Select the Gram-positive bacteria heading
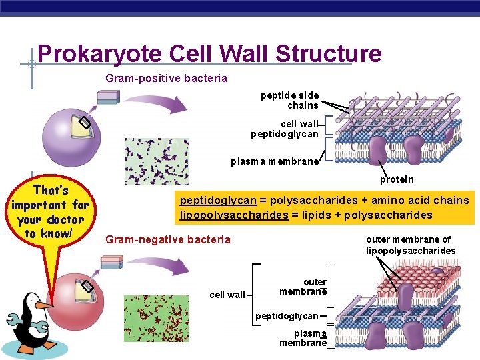[x=166, y=79]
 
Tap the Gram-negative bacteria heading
[x=168, y=239]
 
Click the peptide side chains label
[x=289, y=101]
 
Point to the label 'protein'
[x=397, y=179]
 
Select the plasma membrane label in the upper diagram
[x=275, y=161]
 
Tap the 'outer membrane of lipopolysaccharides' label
[x=410, y=245]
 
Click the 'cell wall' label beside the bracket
[x=227, y=295]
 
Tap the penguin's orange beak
[x=44, y=305]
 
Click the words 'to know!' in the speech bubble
[x=48, y=233]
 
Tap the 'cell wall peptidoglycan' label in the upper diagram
[x=285, y=129]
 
